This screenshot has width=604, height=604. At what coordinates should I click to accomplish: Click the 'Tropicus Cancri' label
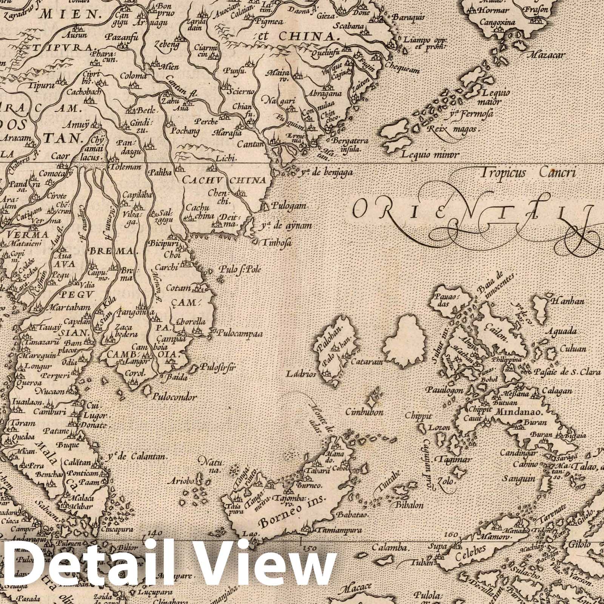[528, 173]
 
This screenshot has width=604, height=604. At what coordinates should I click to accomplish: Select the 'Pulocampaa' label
[240, 334]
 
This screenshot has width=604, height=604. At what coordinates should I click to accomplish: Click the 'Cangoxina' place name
[497, 23]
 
